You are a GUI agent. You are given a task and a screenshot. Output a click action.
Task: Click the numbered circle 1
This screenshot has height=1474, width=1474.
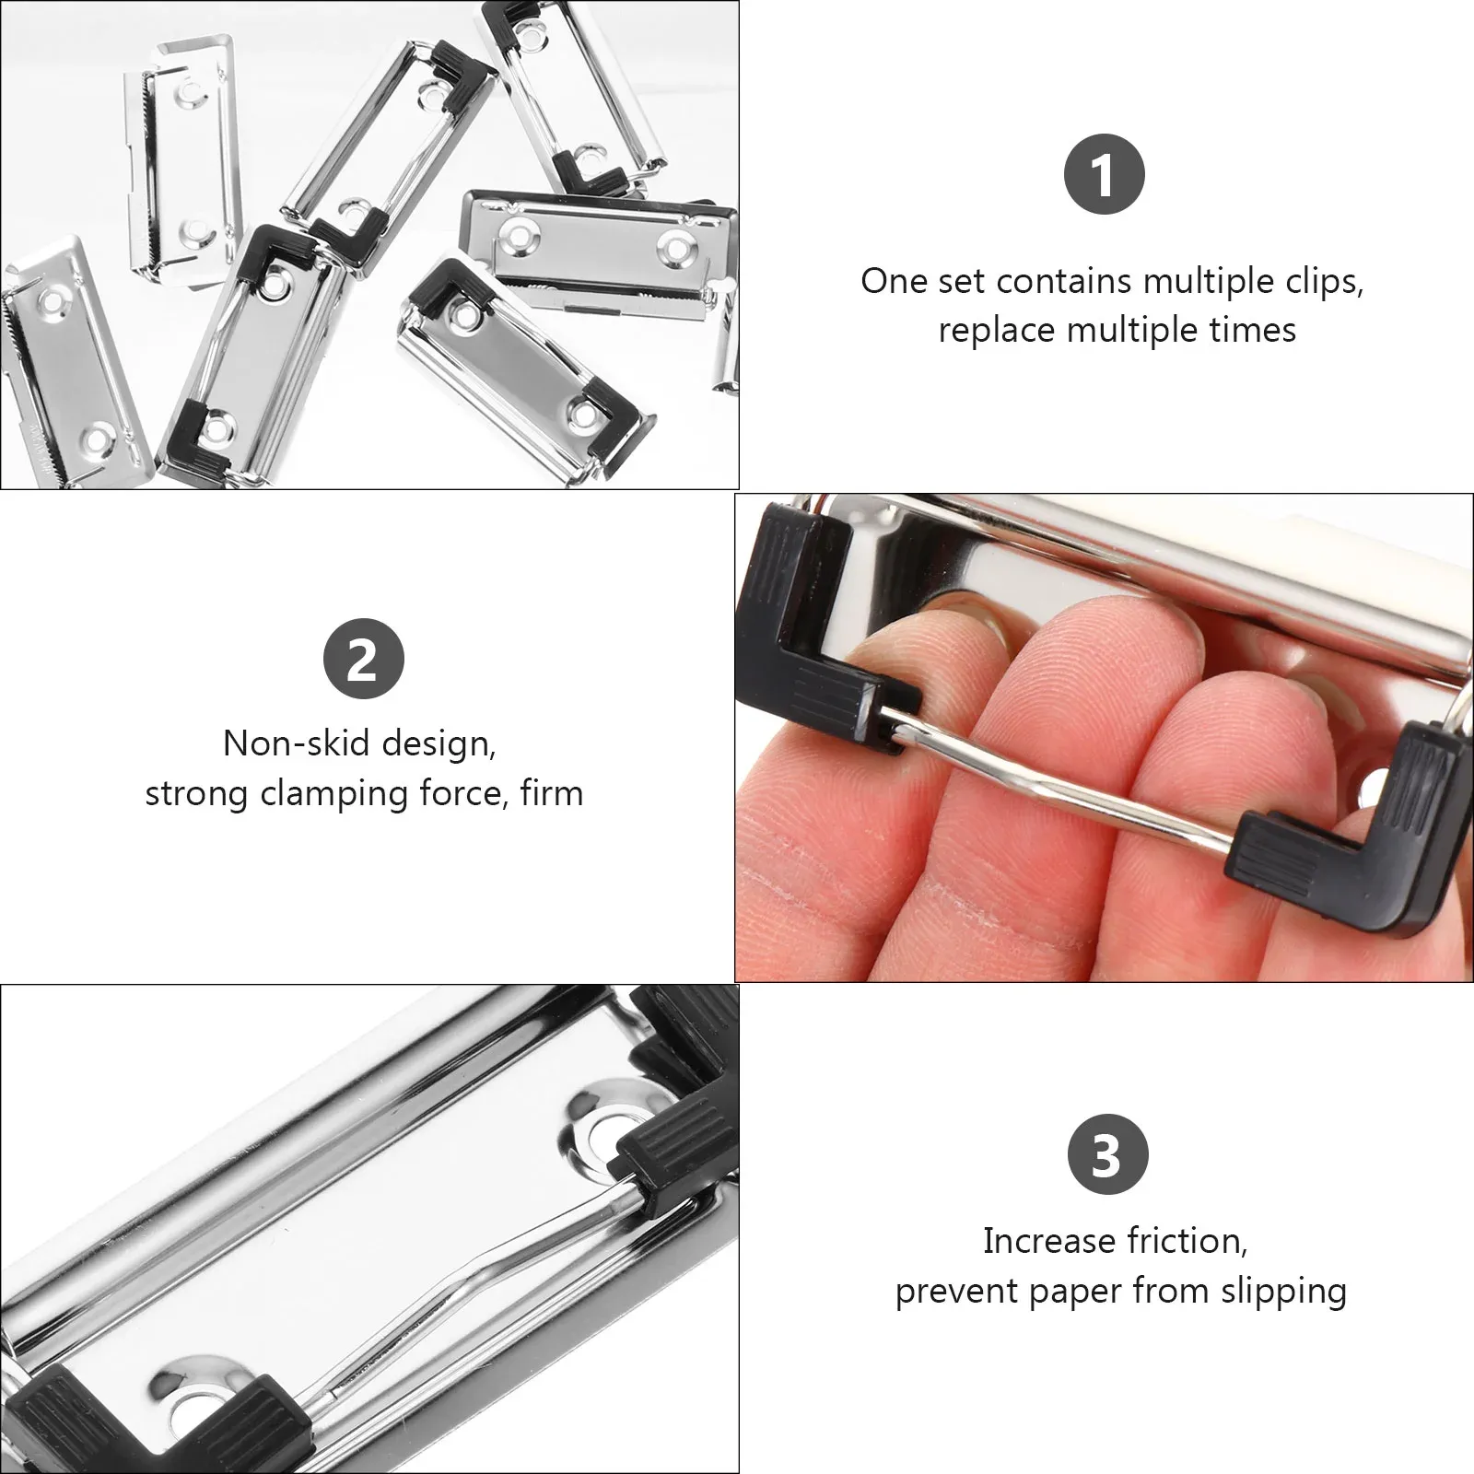(1104, 174)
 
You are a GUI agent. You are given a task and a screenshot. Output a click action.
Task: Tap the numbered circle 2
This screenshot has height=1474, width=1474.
(364, 659)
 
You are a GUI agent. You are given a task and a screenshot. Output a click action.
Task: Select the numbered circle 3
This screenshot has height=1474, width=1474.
(1107, 1154)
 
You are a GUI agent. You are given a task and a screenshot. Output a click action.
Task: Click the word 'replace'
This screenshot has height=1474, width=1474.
(998, 330)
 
